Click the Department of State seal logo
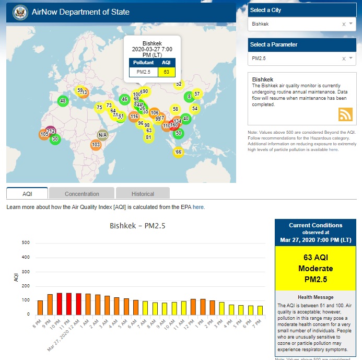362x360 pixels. coord(20,11)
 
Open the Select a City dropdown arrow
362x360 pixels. coord(351,24)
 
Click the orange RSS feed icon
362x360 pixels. coord(346,114)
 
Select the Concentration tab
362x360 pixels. coord(82,194)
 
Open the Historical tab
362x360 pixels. coord(143,194)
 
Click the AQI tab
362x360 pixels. coord(27,194)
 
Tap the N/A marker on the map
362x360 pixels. coord(102,135)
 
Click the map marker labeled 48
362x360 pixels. coord(63,101)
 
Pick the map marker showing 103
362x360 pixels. coord(96,145)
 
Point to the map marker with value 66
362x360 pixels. coord(178,152)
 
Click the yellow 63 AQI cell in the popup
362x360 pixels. coord(167,72)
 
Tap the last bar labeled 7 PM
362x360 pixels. coord(260,310)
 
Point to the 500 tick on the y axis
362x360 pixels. coord(26,242)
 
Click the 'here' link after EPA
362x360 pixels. coord(198,207)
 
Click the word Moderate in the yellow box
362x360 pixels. coord(315,268)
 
